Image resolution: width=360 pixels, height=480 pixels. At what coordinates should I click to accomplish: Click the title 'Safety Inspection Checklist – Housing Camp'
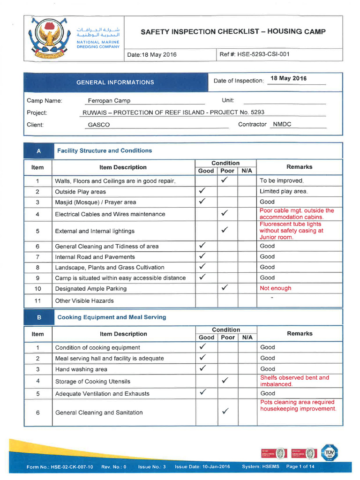[x=233, y=32]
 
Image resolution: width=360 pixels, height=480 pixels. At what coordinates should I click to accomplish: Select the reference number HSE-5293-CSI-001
[x=263, y=54]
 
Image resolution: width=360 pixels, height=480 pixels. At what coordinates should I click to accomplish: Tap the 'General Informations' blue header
[x=115, y=82]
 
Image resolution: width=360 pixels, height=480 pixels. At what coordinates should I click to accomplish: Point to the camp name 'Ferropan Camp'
[x=109, y=100]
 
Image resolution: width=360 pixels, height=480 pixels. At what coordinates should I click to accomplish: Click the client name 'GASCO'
[x=99, y=125]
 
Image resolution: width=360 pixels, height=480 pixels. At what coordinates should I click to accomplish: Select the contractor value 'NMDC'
[x=282, y=124]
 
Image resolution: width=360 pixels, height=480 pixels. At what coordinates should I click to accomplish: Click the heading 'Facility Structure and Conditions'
[x=104, y=150]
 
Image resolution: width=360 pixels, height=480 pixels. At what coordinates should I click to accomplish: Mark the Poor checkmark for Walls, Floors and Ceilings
[x=225, y=180]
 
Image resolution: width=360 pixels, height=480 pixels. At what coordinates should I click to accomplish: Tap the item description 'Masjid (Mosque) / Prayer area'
[x=96, y=202]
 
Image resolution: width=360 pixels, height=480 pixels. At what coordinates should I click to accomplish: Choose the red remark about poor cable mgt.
[x=297, y=214]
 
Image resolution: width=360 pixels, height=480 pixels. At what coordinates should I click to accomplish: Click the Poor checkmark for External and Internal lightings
[x=225, y=230]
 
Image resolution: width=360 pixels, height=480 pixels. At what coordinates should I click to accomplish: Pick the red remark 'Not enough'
[x=275, y=288]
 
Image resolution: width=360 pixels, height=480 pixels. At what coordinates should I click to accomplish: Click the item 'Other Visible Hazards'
[x=84, y=300]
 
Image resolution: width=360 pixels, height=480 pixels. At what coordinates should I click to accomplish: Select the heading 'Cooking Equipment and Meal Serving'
[x=112, y=317]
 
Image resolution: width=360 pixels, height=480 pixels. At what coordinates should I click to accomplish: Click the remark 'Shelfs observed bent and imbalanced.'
[x=294, y=381]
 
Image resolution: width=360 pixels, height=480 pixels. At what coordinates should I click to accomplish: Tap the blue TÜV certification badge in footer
[x=329, y=452]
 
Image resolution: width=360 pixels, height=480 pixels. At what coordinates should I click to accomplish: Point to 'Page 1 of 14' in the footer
[x=300, y=467]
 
